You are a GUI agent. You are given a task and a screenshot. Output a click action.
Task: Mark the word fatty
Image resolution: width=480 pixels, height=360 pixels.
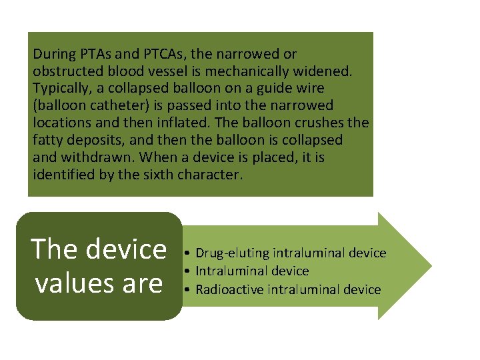(x=47, y=141)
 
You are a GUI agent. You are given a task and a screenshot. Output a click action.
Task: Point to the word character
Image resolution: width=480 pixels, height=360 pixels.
(x=216, y=175)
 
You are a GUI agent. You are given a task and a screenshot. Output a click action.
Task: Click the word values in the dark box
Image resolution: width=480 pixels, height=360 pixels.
(x=71, y=283)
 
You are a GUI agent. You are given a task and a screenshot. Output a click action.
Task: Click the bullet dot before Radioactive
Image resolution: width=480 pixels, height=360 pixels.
(x=189, y=290)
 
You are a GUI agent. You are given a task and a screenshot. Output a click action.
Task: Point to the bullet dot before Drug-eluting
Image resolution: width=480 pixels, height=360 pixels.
(x=189, y=253)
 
